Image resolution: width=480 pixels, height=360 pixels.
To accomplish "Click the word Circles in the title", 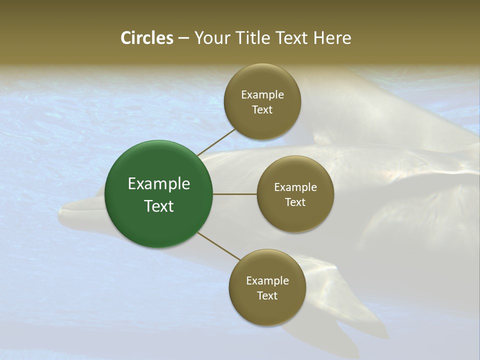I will point(146,38).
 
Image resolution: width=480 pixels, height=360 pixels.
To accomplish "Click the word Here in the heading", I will point(332,38).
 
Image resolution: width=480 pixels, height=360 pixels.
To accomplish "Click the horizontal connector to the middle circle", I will point(234,194).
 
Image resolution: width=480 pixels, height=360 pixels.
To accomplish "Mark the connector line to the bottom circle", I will point(218,246).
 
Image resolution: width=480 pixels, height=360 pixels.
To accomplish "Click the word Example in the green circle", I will point(159,184).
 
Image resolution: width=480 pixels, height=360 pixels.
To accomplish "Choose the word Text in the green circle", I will point(159,206).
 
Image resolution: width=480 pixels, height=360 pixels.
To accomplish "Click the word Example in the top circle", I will point(262,94).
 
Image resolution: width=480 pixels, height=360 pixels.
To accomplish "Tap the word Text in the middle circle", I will point(295,202).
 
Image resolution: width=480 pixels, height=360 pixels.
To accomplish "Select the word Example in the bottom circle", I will point(267,280).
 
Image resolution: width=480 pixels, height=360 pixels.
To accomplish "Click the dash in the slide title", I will point(183,38).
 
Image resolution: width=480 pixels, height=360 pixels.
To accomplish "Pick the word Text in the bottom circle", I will point(267,295).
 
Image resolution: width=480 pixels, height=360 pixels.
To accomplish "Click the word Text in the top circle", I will point(262,109).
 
